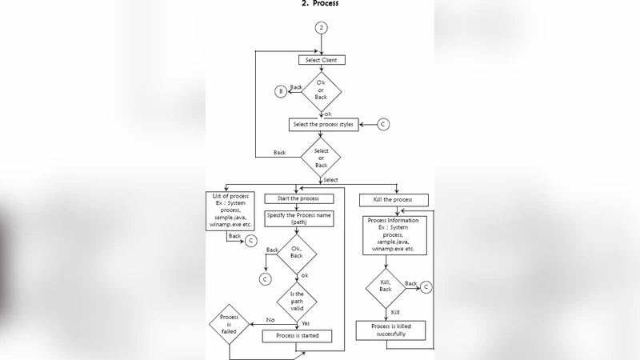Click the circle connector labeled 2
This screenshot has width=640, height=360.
(321, 27)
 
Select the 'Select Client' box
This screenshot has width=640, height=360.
(321, 60)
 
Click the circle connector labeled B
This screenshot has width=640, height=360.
(281, 91)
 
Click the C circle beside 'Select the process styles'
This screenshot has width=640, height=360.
(383, 125)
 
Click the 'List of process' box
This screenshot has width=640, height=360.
(230, 212)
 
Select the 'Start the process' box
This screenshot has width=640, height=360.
(298, 198)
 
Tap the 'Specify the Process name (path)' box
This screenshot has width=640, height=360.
(299, 218)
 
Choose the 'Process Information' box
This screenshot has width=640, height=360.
(393, 235)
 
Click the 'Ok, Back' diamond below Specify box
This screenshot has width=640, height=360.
(297, 252)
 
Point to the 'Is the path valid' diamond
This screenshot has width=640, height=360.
(297, 301)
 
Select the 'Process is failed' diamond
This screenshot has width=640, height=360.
(229, 322)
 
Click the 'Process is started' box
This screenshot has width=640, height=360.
(297, 336)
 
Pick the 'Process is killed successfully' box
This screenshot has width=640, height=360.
(391, 330)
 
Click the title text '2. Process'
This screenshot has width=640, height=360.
(320, 4)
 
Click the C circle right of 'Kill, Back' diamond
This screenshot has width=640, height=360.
(426, 286)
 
